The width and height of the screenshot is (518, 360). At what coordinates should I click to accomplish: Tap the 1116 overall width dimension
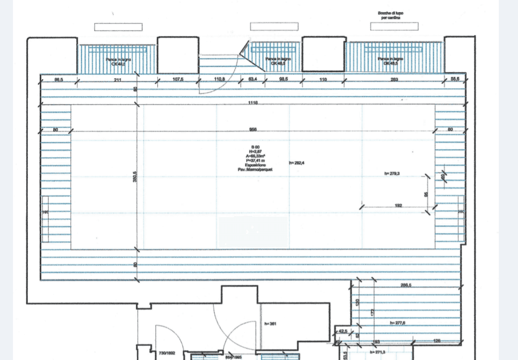(x=253, y=103)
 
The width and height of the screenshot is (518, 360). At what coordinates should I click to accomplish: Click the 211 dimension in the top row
(x=118, y=79)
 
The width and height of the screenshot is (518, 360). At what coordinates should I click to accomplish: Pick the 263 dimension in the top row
(x=395, y=79)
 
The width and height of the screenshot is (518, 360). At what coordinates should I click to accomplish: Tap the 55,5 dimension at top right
(x=455, y=79)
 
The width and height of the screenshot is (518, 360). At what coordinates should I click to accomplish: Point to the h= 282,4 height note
(x=297, y=163)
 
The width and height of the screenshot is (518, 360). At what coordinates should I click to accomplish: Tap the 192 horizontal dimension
(x=398, y=206)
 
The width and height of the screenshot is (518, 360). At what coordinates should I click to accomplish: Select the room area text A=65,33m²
(x=255, y=156)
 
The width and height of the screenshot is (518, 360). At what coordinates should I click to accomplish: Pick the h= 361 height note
(x=271, y=324)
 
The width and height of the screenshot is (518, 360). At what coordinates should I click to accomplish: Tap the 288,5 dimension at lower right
(x=406, y=285)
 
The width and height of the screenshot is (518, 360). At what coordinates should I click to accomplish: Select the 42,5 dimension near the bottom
(x=342, y=331)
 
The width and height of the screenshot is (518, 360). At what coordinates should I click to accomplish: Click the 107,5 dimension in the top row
(x=178, y=79)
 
